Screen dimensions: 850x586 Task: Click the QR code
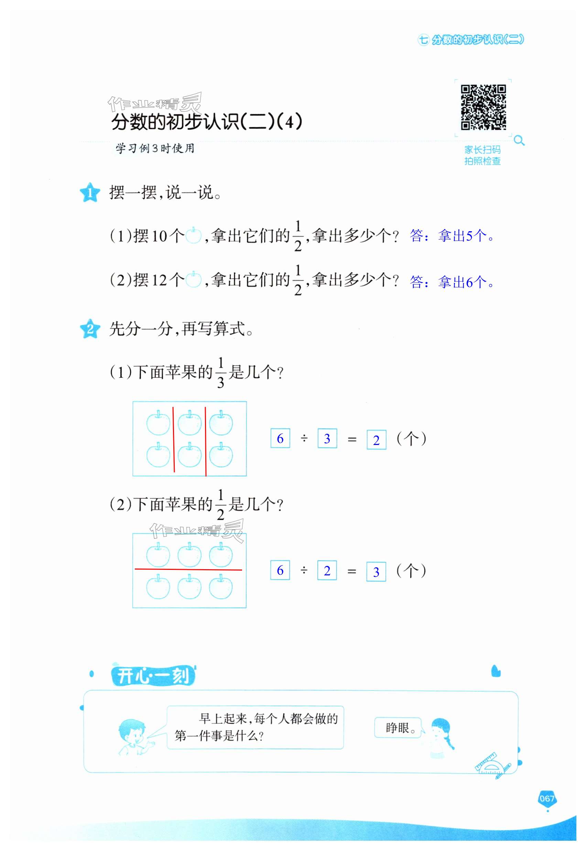pyautogui.click(x=483, y=107)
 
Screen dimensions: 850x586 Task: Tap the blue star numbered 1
pyautogui.click(x=90, y=192)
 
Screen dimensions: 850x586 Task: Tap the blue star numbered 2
pyautogui.click(x=90, y=329)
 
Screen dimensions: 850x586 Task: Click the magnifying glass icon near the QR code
pyautogui.click(x=519, y=140)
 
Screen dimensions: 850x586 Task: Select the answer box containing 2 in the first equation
pyautogui.click(x=376, y=440)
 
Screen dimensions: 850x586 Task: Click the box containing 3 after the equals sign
pyautogui.click(x=376, y=572)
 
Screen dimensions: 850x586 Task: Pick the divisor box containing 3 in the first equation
pyautogui.click(x=327, y=438)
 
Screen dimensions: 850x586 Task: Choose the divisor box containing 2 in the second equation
pyautogui.click(x=327, y=570)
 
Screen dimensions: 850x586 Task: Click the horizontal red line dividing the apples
pyautogui.click(x=188, y=569)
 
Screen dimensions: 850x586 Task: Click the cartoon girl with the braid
pyautogui.click(x=441, y=736)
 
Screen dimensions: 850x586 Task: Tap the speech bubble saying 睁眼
pyautogui.click(x=398, y=727)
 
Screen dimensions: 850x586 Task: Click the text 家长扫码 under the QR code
pyautogui.click(x=482, y=149)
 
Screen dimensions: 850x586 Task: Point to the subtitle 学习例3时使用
pyautogui.click(x=154, y=148)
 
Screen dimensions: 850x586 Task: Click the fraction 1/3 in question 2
pyautogui.click(x=220, y=372)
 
